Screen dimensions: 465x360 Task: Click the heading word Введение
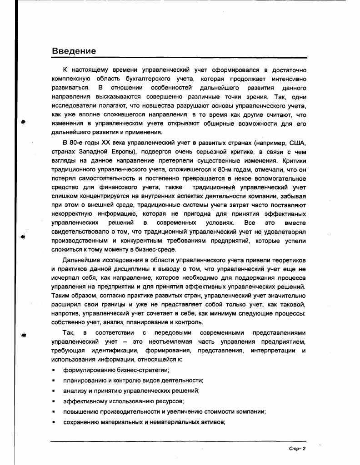[74, 51]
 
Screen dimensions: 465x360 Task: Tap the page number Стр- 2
[298, 449]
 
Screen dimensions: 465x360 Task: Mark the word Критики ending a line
[294, 160]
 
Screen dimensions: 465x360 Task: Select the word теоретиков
[289, 260]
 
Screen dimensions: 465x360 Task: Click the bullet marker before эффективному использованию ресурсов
[54, 401]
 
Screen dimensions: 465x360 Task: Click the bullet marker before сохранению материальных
[54, 422]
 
